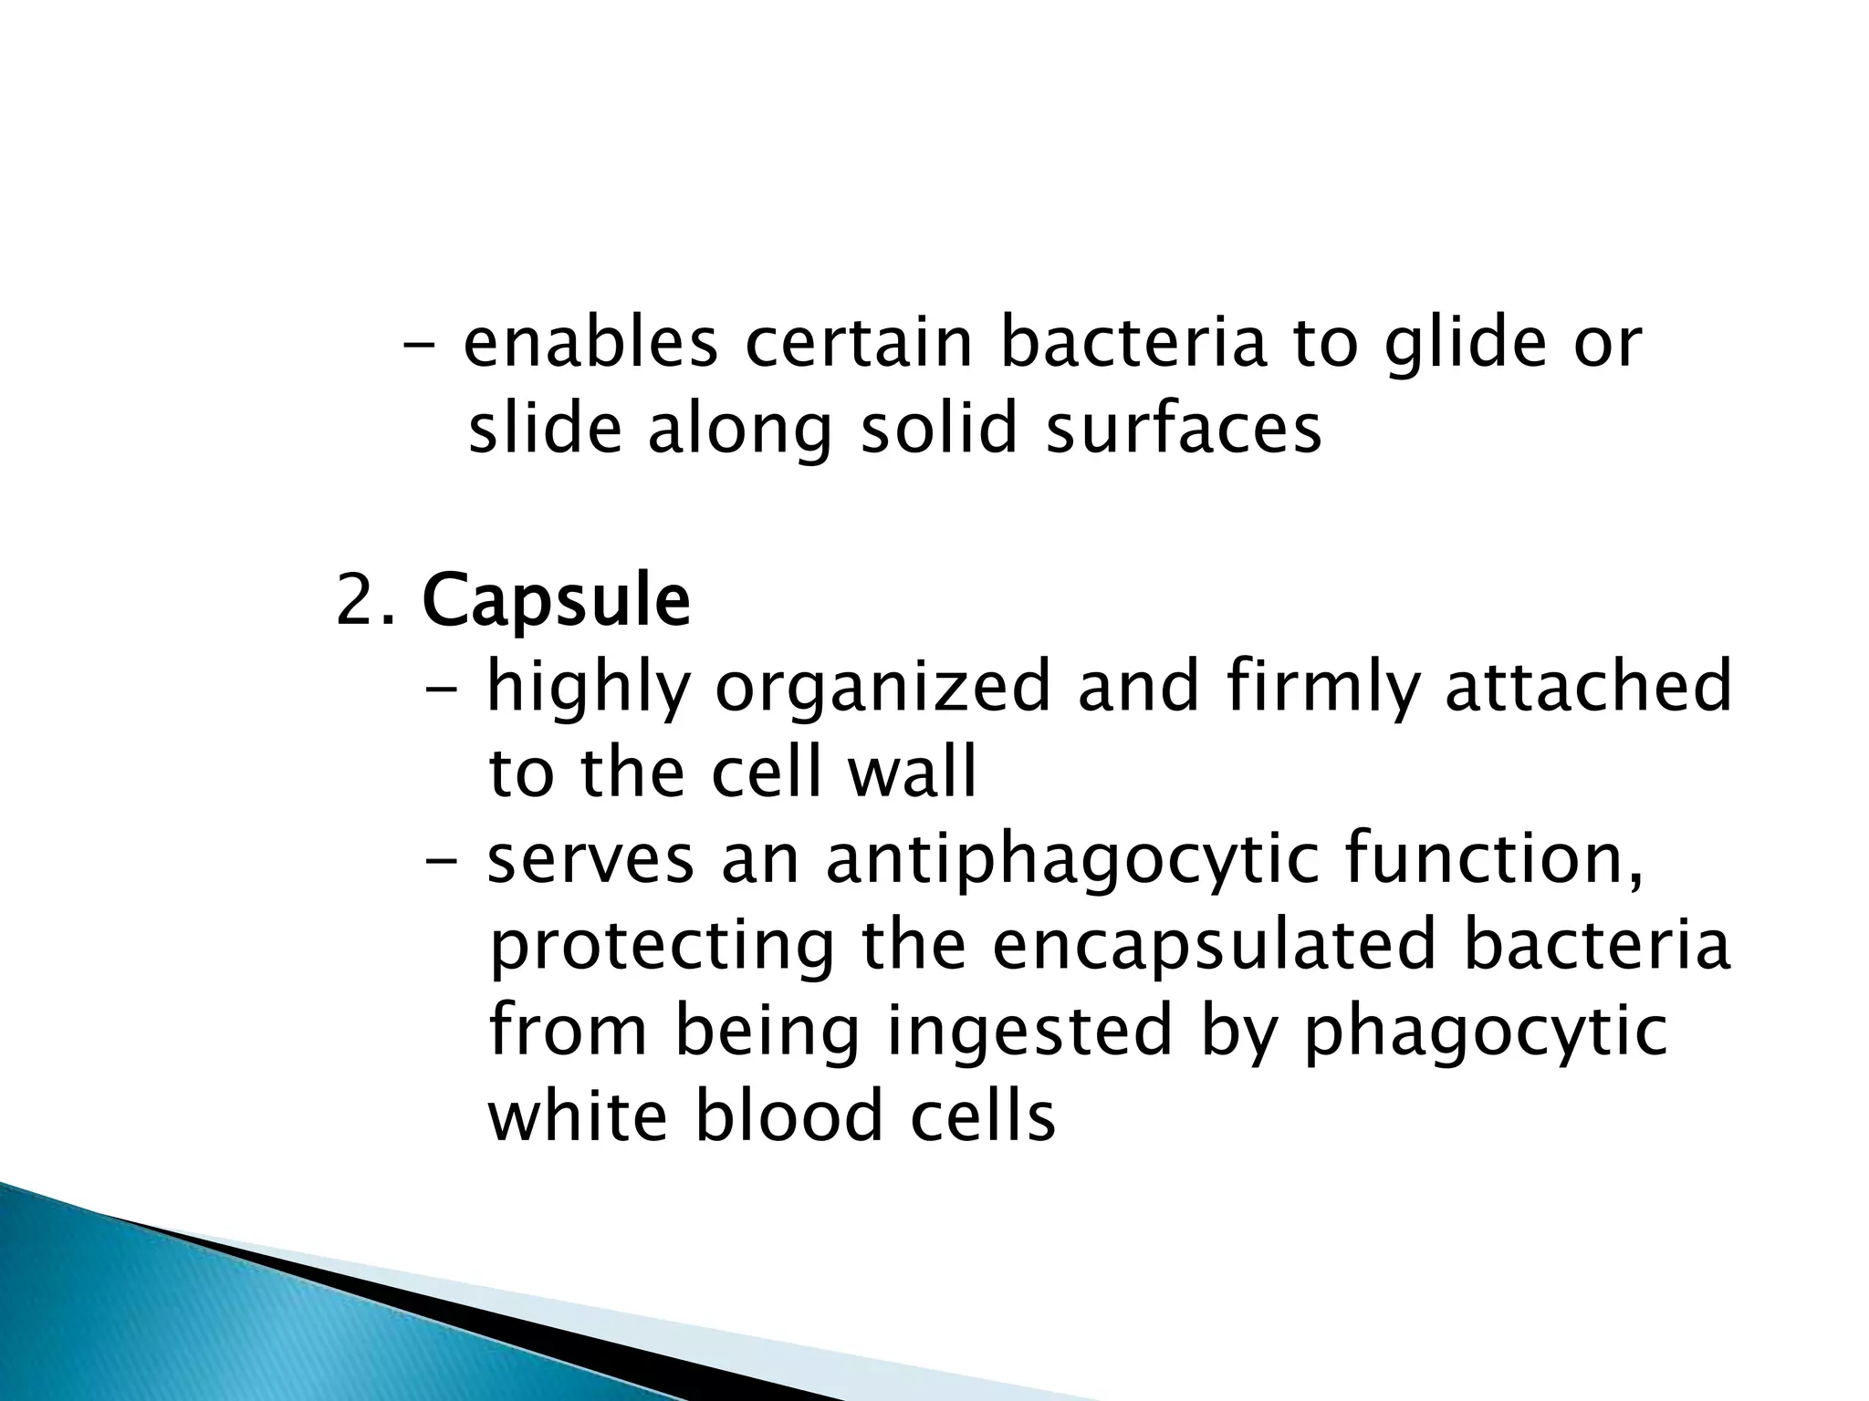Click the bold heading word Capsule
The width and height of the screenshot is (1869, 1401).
(556, 602)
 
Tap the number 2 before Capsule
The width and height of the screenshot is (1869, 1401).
(353, 602)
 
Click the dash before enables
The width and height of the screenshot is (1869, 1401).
(419, 347)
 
